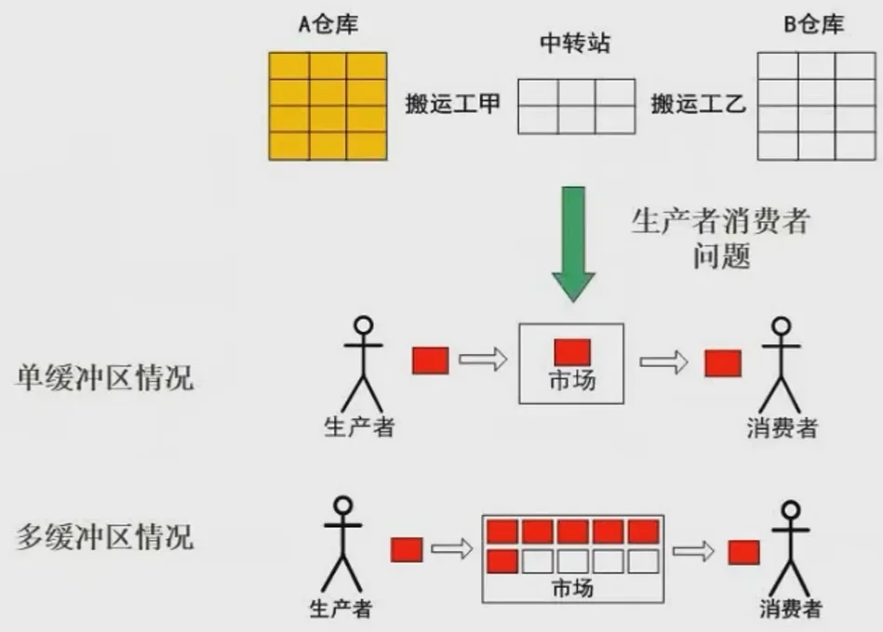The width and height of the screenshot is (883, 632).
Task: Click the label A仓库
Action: [328, 25]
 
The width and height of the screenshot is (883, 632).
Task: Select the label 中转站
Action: [576, 45]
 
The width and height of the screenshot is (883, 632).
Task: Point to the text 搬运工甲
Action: [452, 104]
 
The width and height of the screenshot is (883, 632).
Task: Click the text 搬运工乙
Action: [698, 104]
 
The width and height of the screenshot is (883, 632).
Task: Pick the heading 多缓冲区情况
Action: [105, 536]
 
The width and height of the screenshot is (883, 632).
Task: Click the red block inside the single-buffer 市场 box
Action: [572, 351]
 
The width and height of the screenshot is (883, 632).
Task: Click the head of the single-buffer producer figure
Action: [363, 326]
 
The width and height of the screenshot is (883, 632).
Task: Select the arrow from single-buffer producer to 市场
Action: [481, 360]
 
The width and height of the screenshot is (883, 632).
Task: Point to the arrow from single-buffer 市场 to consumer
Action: [663, 361]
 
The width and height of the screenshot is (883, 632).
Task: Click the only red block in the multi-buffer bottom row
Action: [502, 561]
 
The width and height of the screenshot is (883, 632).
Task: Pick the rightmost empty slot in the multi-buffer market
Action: [643, 561]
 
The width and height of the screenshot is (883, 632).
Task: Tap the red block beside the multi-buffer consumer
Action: [744, 552]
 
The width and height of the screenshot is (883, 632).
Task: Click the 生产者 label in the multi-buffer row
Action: [341, 609]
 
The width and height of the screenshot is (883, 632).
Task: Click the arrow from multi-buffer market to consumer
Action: [693, 552]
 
